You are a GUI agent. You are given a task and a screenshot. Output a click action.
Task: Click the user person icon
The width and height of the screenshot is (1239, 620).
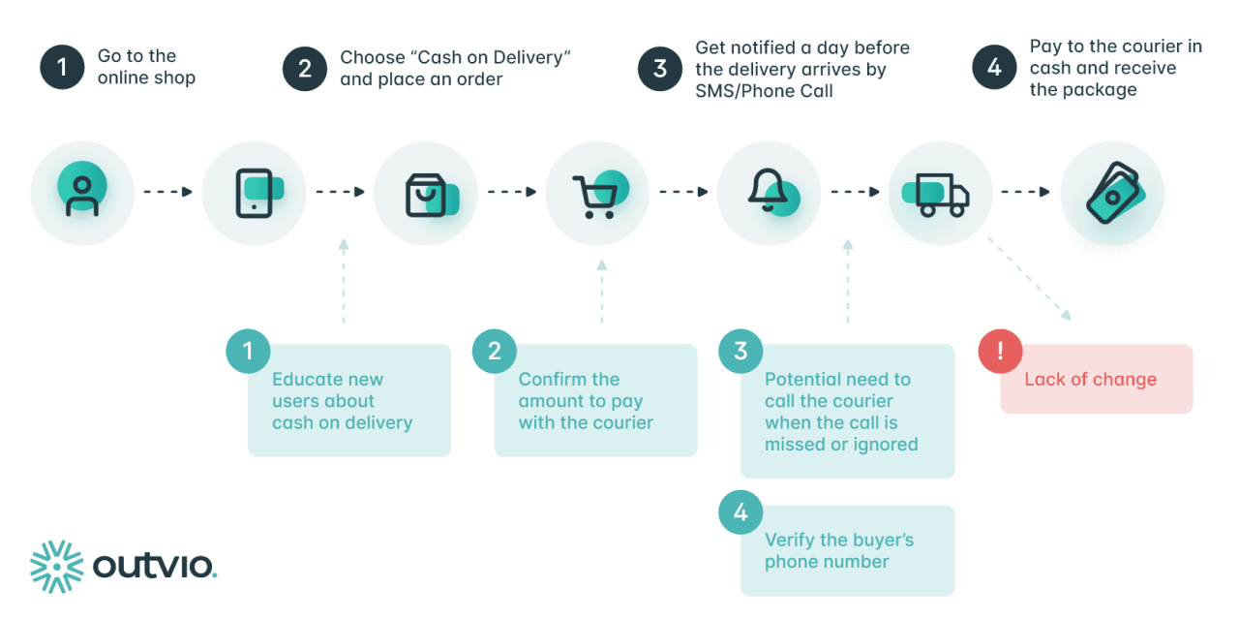pos(82,191)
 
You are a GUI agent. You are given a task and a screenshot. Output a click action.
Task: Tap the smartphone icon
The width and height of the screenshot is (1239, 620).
pos(255,193)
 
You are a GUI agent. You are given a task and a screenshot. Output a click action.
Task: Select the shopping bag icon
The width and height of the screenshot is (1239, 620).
pos(427,193)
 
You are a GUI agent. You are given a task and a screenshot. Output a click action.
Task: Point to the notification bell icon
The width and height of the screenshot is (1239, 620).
pos(770,191)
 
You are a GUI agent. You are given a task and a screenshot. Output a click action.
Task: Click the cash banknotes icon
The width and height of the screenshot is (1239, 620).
pos(1112,193)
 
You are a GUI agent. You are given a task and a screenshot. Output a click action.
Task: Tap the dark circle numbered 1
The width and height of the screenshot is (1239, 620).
pos(63,67)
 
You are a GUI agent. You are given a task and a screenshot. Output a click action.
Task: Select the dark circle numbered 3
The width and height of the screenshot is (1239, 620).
pos(660,68)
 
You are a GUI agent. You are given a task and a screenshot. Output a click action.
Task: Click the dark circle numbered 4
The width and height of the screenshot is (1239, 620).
pos(994,68)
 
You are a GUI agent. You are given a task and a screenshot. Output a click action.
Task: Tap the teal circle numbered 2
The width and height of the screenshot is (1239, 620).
pos(495,351)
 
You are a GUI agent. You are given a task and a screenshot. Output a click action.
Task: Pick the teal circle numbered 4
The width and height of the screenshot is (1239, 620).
pos(740,511)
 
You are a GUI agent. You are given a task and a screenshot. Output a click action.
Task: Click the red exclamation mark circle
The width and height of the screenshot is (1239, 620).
pos(1000,351)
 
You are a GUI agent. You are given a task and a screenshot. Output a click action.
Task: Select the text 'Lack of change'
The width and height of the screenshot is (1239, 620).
pos(1090,379)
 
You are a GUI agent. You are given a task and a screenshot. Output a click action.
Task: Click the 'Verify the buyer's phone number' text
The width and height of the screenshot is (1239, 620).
pos(839,550)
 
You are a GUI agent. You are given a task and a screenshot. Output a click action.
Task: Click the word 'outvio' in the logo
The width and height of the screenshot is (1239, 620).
pos(155,566)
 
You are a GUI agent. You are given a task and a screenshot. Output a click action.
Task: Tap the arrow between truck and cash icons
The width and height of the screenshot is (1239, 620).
pos(1025,192)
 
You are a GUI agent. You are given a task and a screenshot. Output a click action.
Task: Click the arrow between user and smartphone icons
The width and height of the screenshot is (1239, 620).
pos(168,192)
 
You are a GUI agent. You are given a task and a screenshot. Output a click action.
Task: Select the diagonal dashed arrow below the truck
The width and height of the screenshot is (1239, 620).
pos(1029,277)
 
